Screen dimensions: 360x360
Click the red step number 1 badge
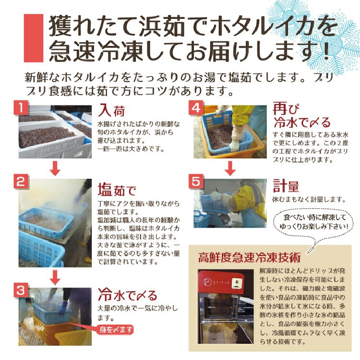pos(21,108)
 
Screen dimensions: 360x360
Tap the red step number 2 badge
pos(21,181)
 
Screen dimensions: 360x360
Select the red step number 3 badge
pos(21,290)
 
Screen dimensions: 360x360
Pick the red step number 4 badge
pos(196,108)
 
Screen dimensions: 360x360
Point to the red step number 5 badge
pos(196,181)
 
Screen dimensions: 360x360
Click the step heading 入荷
pos(112,110)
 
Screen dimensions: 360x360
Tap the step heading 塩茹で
pos(117,189)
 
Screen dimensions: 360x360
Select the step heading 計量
pos(286,186)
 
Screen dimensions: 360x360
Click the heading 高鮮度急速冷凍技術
pos(249,257)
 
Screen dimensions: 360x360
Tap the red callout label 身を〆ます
pos(116,330)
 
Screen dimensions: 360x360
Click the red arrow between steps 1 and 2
pos(55,168)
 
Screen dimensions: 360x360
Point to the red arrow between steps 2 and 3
pos(55,277)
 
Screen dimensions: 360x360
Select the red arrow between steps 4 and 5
pos(230,168)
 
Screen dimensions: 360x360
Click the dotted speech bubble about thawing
pos(313,222)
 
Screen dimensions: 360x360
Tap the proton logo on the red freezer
pos(217,282)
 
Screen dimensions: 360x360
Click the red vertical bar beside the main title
pos(33,38)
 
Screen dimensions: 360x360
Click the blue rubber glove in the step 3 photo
pos(63,307)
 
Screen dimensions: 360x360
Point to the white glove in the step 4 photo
pos(234,146)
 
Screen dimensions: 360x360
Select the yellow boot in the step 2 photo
pos(87,260)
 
